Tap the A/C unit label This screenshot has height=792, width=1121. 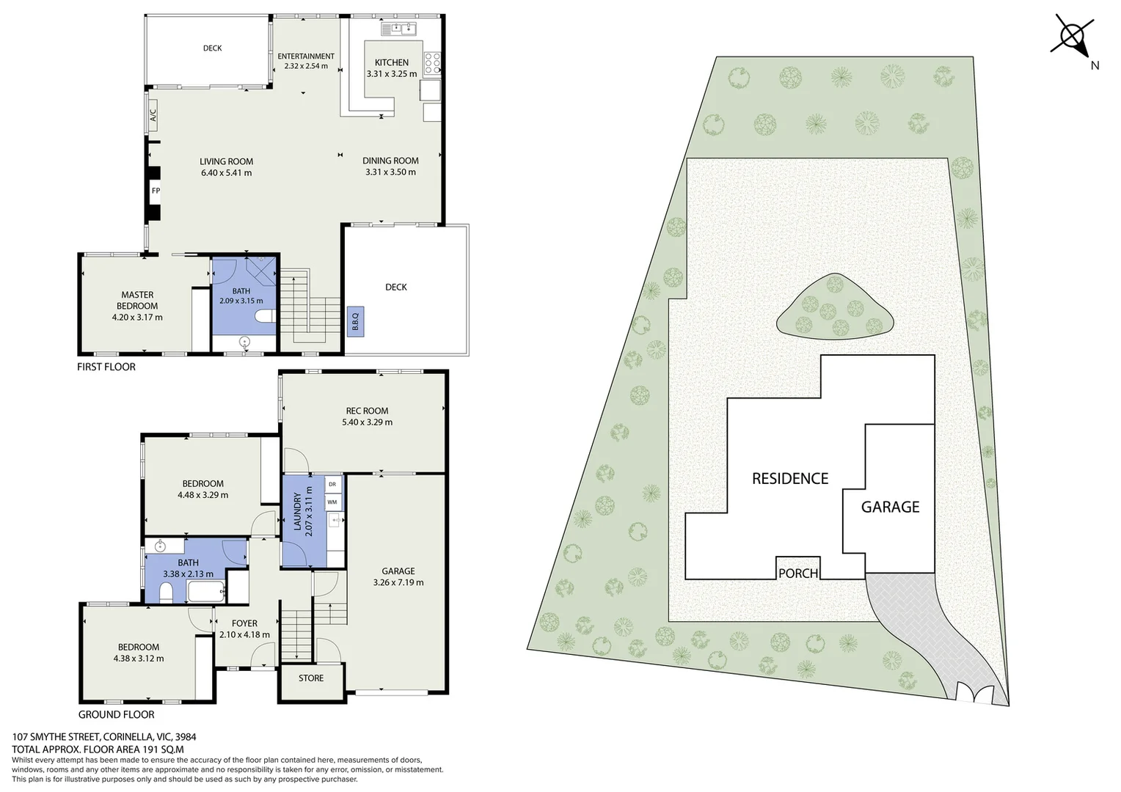pyautogui.click(x=153, y=116)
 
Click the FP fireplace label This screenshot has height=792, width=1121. pyautogui.click(x=156, y=191)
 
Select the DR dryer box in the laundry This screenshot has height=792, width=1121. pyautogui.click(x=332, y=484)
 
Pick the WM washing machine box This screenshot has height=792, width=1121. pyautogui.click(x=332, y=502)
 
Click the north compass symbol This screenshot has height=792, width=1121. pyautogui.click(x=1073, y=37)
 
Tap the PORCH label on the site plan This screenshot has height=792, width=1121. pyautogui.click(x=797, y=573)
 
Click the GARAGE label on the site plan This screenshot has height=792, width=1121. pyautogui.click(x=890, y=507)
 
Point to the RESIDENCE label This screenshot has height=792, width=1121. pyautogui.click(x=790, y=479)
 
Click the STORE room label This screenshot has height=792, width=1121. pyautogui.click(x=311, y=678)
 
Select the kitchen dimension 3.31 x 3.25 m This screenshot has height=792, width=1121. pyautogui.click(x=392, y=74)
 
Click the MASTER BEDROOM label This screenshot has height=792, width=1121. pyautogui.click(x=137, y=300)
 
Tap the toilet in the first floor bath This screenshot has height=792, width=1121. pyautogui.click(x=264, y=316)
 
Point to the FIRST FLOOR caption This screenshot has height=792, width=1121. pyautogui.click(x=106, y=367)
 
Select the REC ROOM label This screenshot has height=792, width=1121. pyautogui.click(x=367, y=411)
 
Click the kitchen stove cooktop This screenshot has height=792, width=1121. pyautogui.click(x=433, y=61)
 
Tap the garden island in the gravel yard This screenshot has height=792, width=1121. pyautogui.click(x=835, y=308)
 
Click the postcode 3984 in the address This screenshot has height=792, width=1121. pyautogui.click(x=185, y=737)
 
